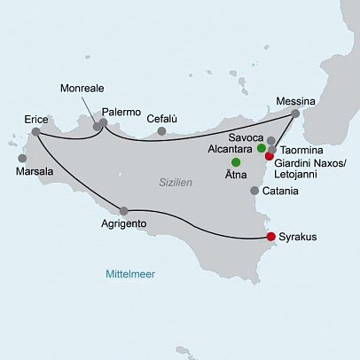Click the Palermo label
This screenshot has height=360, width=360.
point(121,113)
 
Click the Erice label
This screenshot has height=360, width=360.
point(36,118)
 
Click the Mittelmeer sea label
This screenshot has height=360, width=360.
point(130,273)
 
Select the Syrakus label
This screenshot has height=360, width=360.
point(298,238)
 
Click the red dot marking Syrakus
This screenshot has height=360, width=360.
point(271,237)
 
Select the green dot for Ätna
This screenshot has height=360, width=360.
point(236,163)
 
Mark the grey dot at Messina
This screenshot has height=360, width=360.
point(295,113)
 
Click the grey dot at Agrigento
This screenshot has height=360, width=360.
point(123,211)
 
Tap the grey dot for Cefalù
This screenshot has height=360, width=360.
point(161,131)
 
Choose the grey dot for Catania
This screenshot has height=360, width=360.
point(255,191)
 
